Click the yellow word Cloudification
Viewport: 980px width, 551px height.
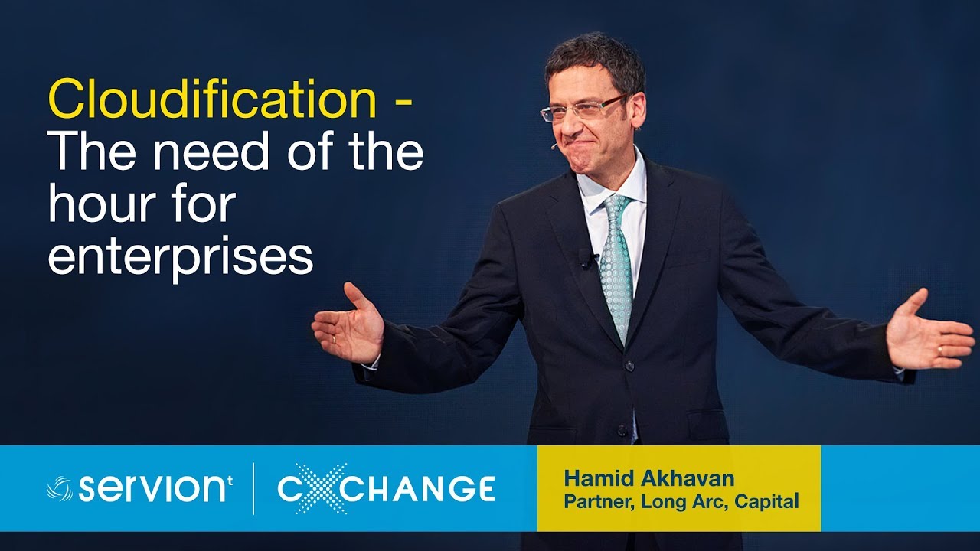pyautogui.click(x=212, y=100)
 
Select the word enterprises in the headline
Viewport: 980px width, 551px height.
pyautogui.click(x=180, y=257)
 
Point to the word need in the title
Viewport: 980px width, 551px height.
pyautogui.click(x=211, y=152)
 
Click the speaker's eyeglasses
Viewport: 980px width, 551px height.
pyautogui.click(x=582, y=109)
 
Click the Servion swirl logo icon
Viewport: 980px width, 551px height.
pyautogui.click(x=60, y=488)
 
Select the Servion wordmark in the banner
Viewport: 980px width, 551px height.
pyautogui.click(x=153, y=487)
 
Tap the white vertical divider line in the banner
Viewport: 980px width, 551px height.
pyautogui.click(x=254, y=488)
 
